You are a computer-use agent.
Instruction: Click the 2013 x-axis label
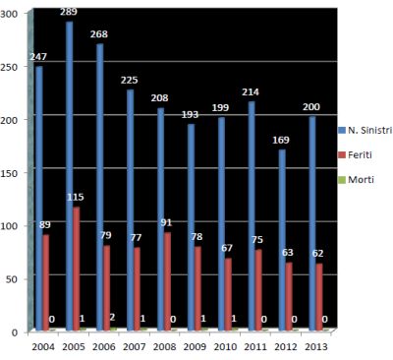(x=317, y=346)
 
